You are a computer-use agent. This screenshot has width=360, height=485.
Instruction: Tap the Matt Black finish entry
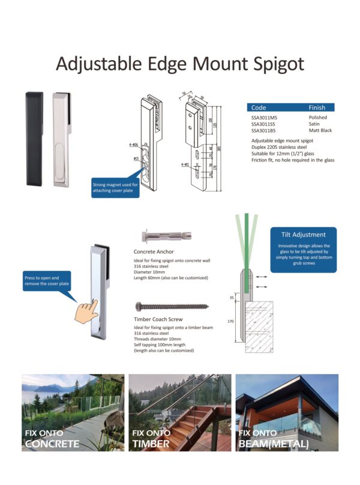[321, 130]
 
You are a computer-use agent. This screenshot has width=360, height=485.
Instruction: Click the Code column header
[259, 107]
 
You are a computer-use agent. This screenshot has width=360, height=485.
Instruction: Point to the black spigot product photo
[35, 139]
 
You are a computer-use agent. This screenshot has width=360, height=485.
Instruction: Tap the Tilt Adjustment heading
[303, 235]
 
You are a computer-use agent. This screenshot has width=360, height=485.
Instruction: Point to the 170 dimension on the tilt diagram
[230, 322]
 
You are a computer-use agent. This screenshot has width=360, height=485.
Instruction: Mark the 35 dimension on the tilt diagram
[231, 297]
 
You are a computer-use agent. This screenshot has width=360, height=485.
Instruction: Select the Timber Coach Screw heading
[158, 319]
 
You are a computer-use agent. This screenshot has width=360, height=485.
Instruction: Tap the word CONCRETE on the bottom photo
[52, 444]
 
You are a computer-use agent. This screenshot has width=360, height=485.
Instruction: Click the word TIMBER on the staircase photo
[151, 444]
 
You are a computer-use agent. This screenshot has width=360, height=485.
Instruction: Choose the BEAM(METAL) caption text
[273, 444]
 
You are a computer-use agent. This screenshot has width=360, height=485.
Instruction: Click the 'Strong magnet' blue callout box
[115, 187]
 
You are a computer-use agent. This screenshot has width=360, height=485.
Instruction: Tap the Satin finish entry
[316, 124]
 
